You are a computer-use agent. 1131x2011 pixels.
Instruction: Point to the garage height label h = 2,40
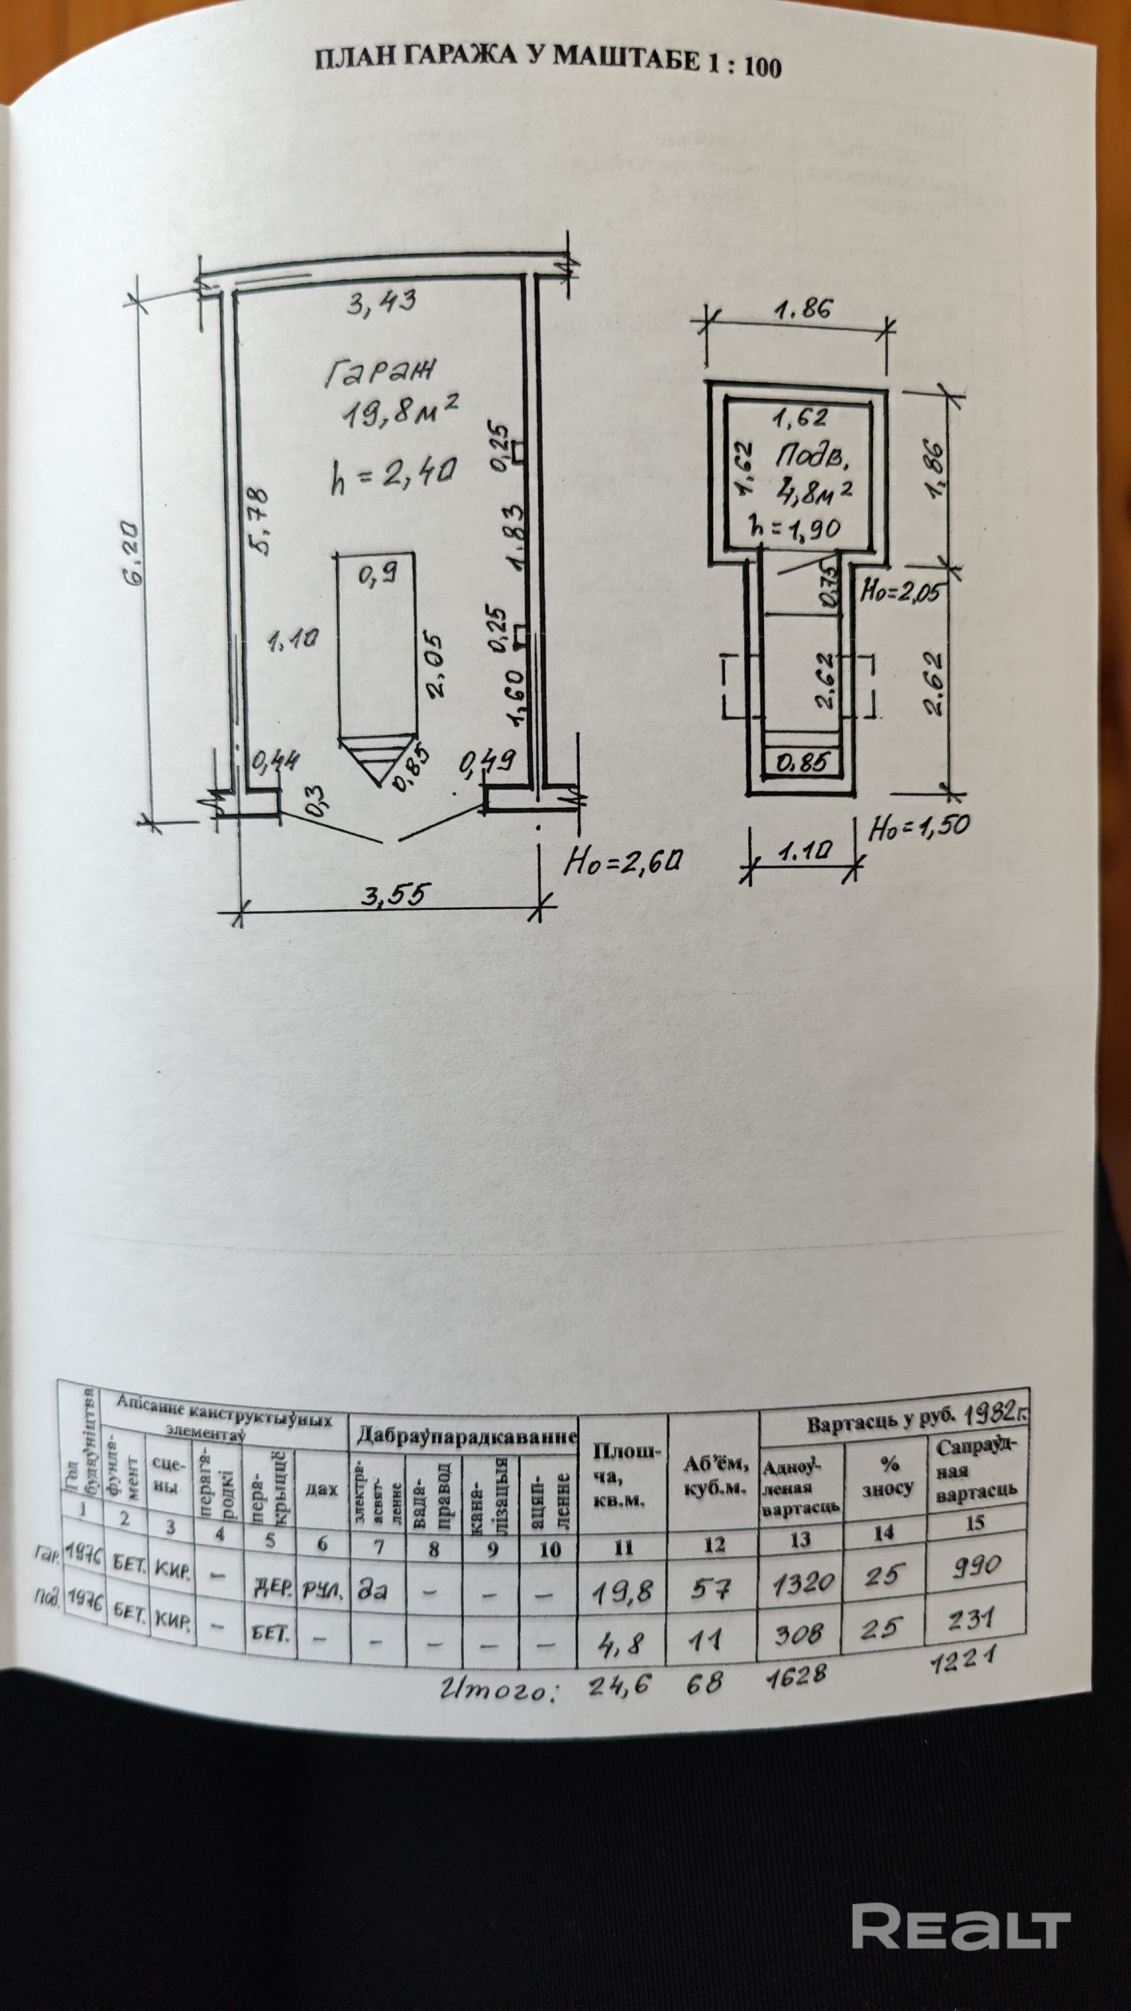[x=393, y=475]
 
